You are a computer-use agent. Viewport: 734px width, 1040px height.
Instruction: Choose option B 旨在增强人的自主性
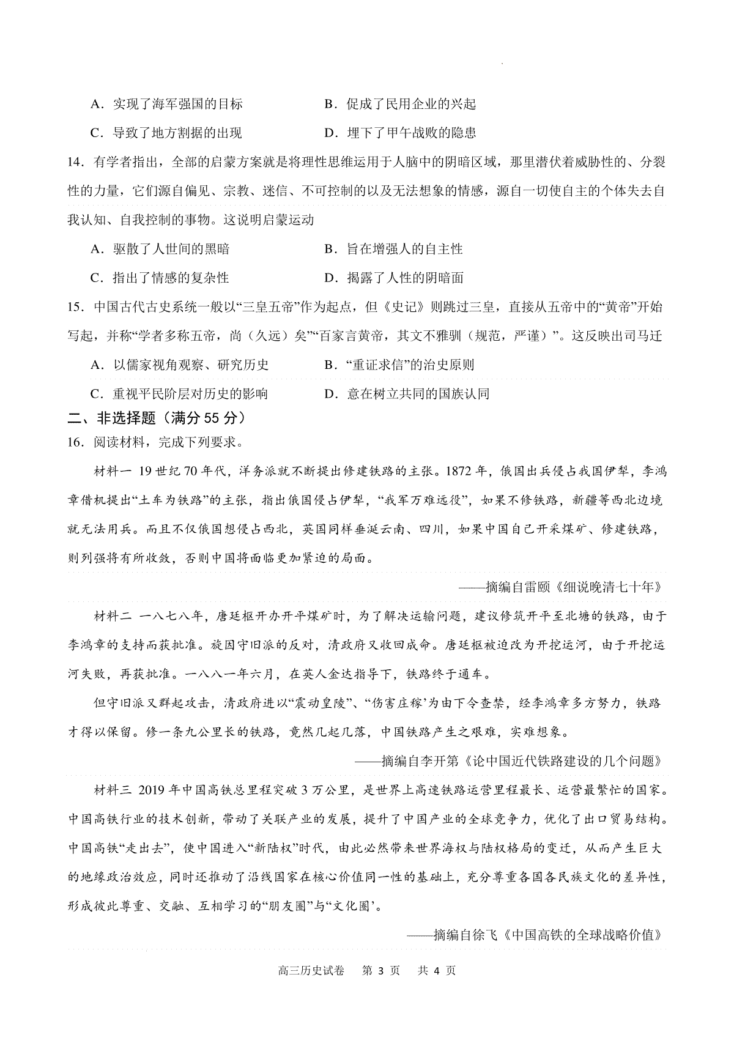click(393, 249)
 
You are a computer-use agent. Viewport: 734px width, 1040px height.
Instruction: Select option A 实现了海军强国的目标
click(166, 104)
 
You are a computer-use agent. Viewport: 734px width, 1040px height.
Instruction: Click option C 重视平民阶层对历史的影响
click(179, 394)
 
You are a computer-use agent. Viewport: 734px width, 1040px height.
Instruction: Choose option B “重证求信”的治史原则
click(399, 365)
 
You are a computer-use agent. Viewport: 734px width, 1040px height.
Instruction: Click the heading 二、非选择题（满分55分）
click(158, 418)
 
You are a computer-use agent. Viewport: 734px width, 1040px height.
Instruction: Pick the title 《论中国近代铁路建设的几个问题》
click(563, 762)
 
